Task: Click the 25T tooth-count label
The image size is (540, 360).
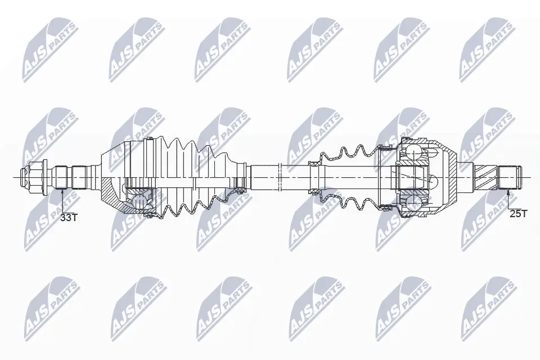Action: [517, 214]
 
